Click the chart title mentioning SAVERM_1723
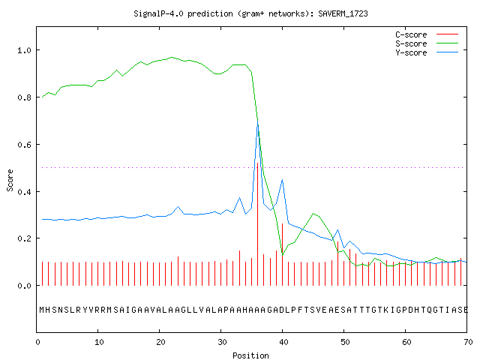pos(250,13)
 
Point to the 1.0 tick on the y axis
pos(24,50)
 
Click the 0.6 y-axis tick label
pos(24,145)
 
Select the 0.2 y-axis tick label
pos(24,238)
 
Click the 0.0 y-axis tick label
pos(24,286)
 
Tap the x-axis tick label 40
pos(283,342)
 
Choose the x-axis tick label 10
pos(98,342)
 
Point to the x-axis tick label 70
pos(468,342)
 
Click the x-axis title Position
pos(250,355)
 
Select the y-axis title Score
pos(10,180)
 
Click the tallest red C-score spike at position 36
pos(258,224)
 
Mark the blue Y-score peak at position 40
pos(282,180)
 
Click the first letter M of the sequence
pos(42,310)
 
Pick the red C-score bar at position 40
pos(282,254)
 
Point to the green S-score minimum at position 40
pos(282,255)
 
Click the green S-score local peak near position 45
pos(313,213)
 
